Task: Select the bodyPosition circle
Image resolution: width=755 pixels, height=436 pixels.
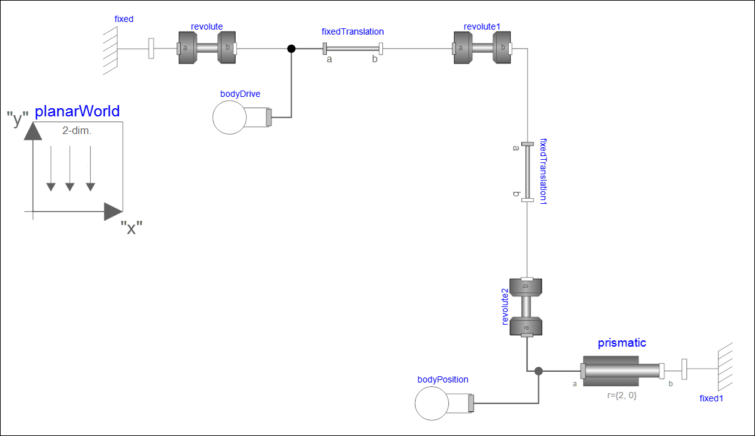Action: click(x=433, y=403)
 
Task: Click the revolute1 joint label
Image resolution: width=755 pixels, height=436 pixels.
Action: click(x=482, y=26)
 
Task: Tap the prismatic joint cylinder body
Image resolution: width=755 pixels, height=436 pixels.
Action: click(x=611, y=371)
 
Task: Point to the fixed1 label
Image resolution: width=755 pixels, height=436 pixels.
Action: click(x=712, y=398)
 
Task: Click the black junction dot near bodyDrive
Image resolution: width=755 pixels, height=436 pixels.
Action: click(x=291, y=48)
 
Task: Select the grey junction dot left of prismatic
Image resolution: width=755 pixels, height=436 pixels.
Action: click(x=538, y=371)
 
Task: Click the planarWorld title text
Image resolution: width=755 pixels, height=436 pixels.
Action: click(x=77, y=112)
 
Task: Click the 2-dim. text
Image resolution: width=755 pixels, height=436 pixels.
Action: click(x=77, y=131)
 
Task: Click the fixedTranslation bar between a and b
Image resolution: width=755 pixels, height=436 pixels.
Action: click(x=353, y=48)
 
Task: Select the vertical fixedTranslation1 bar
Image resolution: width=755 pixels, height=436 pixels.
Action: click(x=528, y=172)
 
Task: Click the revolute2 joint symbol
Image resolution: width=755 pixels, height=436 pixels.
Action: click(x=526, y=307)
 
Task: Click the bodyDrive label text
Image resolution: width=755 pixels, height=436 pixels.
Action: click(x=240, y=94)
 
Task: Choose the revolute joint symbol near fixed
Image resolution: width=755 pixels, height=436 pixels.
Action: click(x=207, y=48)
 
